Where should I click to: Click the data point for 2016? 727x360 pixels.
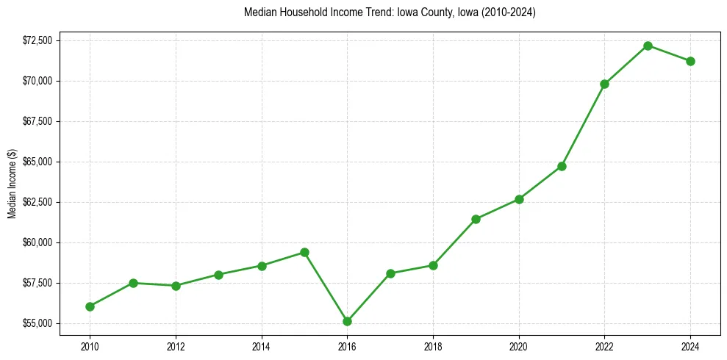pos(347,321)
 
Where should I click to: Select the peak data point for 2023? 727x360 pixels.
pos(648,46)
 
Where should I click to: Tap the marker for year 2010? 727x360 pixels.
pos(90,306)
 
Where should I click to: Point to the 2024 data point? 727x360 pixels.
pos(690,61)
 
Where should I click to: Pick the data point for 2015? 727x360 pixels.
pos(304,252)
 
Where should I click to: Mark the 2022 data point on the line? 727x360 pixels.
pos(604,84)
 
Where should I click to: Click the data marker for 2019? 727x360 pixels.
pos(476,219)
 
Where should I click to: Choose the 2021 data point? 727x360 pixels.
pos(562,166)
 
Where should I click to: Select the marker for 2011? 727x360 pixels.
pos(133,283)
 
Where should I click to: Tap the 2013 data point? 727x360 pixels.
pos(218,275)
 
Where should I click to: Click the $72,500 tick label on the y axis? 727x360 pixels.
pos(37,40)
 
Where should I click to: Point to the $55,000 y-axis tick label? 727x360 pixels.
pos(37,323)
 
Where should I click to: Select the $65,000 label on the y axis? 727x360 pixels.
pos(37,162)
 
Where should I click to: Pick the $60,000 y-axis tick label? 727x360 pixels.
pos(37,242)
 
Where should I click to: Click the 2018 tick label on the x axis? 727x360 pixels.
pos(433,345)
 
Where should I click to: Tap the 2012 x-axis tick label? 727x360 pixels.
pos(176,345)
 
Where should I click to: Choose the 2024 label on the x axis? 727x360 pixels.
pos(690,345)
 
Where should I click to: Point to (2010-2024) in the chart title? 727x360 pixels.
pos(509,12)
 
